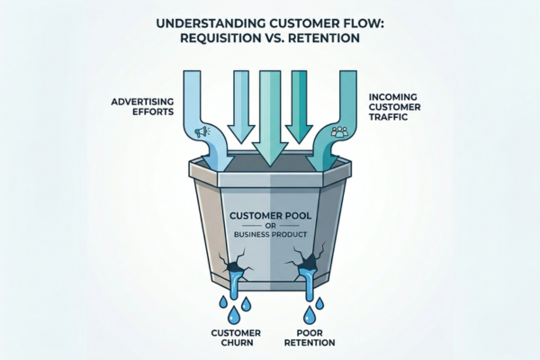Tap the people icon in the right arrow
340,131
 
